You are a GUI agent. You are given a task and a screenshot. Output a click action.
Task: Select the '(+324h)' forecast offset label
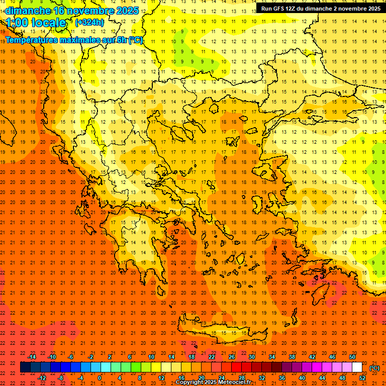click(x=89, y=23)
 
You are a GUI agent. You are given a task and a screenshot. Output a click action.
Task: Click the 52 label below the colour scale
click(x=362, y=378)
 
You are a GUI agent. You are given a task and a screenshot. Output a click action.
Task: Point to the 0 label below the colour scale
click(x=100, y=378)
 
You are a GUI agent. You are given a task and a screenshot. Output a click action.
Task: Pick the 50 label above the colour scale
click(x=352, y=357)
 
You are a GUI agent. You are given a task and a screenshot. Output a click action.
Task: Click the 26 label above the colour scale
click(x=232, y=357)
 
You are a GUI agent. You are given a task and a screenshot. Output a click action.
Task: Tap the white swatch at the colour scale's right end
click(x=357, y=367)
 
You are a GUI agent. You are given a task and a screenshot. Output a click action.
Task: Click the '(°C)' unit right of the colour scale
click(x=374, y=367)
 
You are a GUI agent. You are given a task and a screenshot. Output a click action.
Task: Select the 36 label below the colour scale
click(x=282, y=378)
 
